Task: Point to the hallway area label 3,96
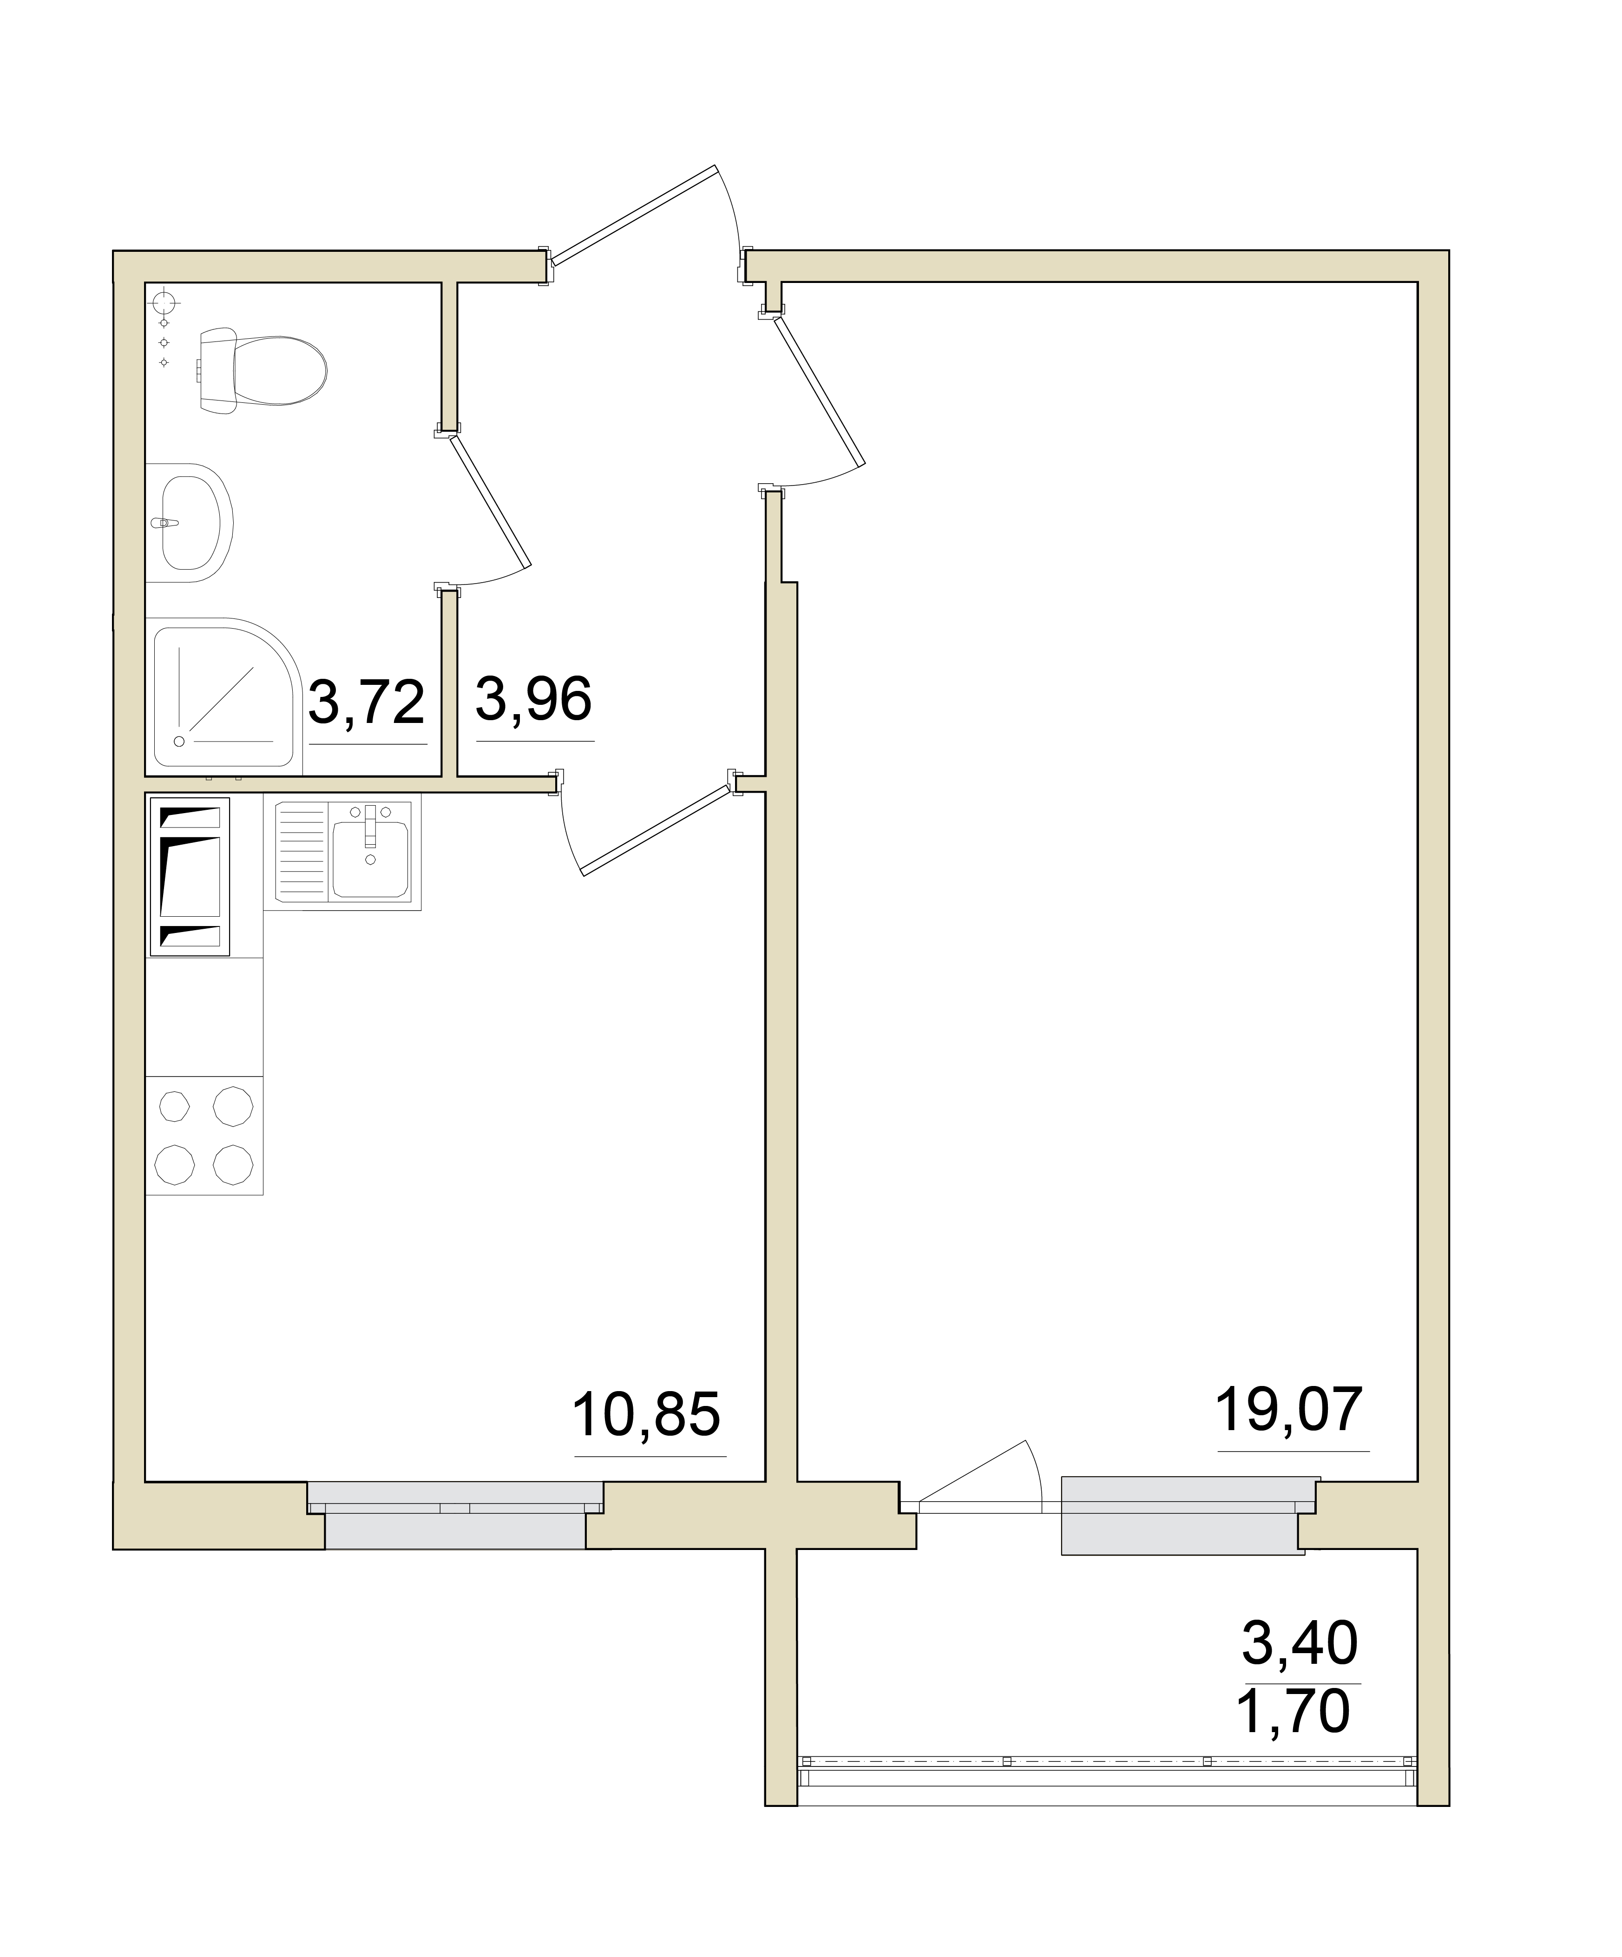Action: pos(534,699)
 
